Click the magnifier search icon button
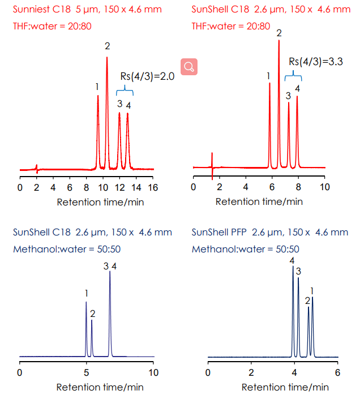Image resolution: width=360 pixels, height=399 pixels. [189, 67]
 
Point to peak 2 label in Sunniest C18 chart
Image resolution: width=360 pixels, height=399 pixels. [107, 46]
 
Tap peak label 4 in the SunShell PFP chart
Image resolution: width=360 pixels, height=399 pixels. [292, 260]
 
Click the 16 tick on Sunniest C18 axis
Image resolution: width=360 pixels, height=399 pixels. [153, 187]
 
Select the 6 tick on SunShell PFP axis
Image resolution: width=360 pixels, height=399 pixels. [337, 372]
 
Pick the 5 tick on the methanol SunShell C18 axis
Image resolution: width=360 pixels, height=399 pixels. [86, 372]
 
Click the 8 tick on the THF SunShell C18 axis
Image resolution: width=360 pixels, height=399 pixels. [298, 187]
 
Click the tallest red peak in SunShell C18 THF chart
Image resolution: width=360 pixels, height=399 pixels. [278, 85]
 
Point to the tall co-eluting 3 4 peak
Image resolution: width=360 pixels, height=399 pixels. [110, 306]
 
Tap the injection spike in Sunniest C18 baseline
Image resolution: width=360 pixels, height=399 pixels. [36, 168]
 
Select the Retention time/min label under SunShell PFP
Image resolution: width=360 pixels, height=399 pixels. [285, 387]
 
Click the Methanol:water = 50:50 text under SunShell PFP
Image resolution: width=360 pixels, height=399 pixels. [245, 249]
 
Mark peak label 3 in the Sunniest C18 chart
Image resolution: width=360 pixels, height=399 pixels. [119, 104]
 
